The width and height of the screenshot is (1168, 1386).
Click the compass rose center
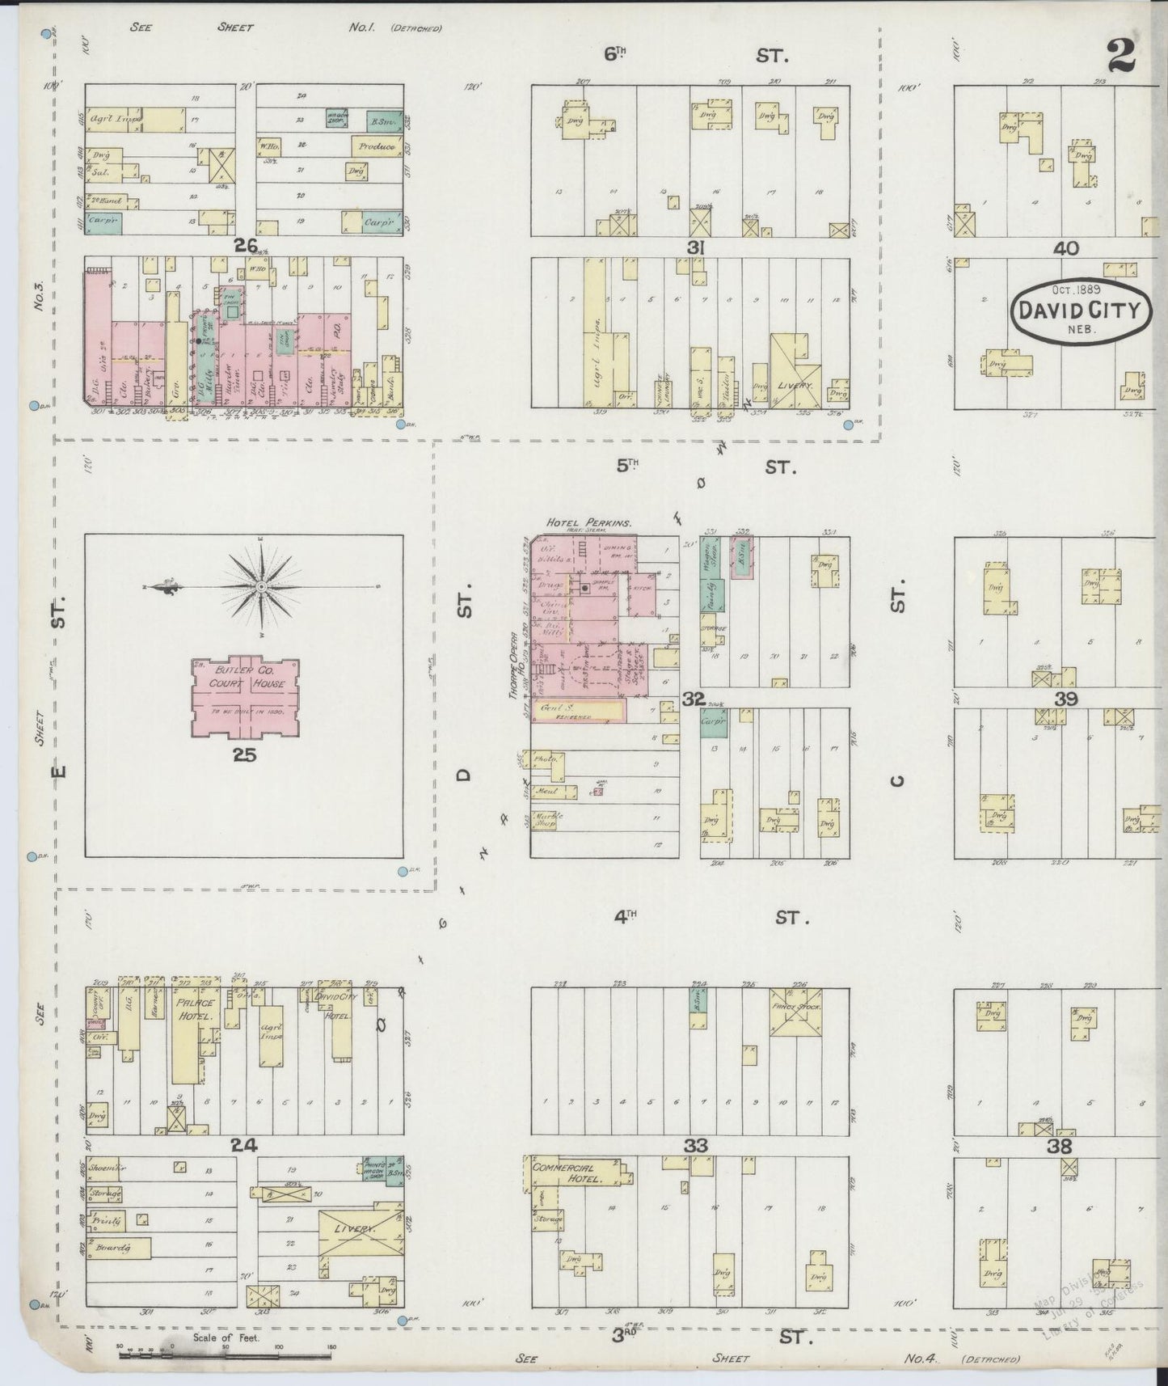point(262,585)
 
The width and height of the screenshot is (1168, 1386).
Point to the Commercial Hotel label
point(569,1173)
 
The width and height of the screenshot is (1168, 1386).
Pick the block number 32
point(693,698)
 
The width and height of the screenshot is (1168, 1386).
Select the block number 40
point(1065,248)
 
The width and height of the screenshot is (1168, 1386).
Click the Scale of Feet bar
point(226,1354)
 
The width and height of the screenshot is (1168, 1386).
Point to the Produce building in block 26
point(377,146)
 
